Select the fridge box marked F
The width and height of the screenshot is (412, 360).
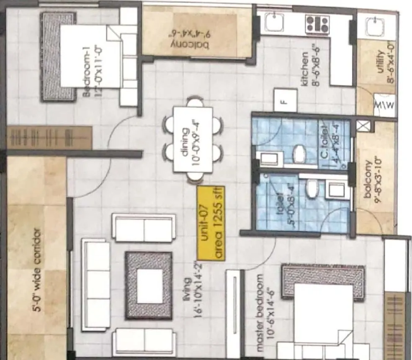click(x=285, y=100)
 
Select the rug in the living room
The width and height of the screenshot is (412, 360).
click(x=149, y=285)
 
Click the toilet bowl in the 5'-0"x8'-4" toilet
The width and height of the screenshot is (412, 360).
click(x=312, y=190)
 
